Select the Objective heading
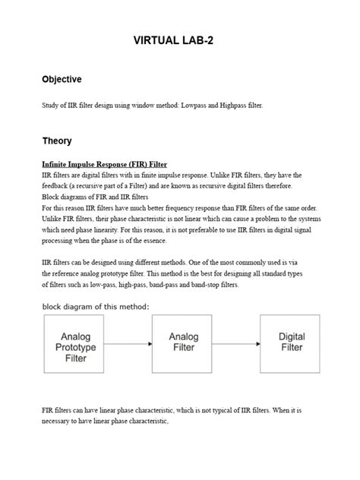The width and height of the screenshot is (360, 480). pos(62,80)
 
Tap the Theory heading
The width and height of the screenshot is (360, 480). pos(58,141)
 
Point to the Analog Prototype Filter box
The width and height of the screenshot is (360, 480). pos(80,347)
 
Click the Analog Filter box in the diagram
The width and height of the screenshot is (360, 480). pos(183,342)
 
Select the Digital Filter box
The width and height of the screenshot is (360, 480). pos(291,342)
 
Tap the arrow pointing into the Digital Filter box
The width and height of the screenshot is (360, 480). pos(237,343)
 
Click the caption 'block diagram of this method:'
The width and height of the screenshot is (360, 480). pos(95,306)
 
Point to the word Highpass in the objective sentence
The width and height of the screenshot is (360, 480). pos(243,106)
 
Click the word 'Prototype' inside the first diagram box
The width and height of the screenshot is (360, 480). pos(80,347)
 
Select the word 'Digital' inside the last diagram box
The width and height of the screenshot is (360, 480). pos(292,336)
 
